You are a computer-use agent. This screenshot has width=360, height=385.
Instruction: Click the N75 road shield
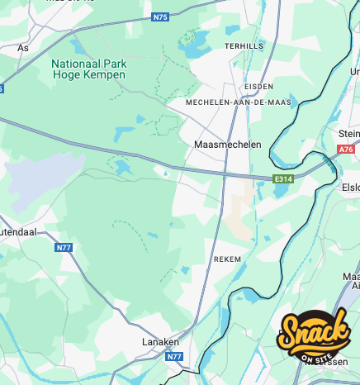160,17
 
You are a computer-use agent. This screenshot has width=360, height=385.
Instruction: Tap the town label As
22,48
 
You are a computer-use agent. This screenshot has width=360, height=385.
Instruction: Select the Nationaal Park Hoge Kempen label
88,69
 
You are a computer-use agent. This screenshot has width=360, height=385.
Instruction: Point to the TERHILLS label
244,46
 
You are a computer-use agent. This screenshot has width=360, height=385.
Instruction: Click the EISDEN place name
258,86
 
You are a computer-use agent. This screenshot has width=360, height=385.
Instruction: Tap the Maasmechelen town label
227,145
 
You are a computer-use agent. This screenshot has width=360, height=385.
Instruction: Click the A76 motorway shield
347,150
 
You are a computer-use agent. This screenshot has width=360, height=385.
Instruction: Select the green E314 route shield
284,178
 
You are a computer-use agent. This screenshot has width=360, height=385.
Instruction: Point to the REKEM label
227,259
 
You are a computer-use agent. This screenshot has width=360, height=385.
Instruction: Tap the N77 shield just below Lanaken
173,357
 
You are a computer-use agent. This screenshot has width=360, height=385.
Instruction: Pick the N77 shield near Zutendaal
64,247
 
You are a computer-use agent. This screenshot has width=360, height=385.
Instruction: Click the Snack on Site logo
314,335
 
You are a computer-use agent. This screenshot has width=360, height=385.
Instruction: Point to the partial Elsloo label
351,188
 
